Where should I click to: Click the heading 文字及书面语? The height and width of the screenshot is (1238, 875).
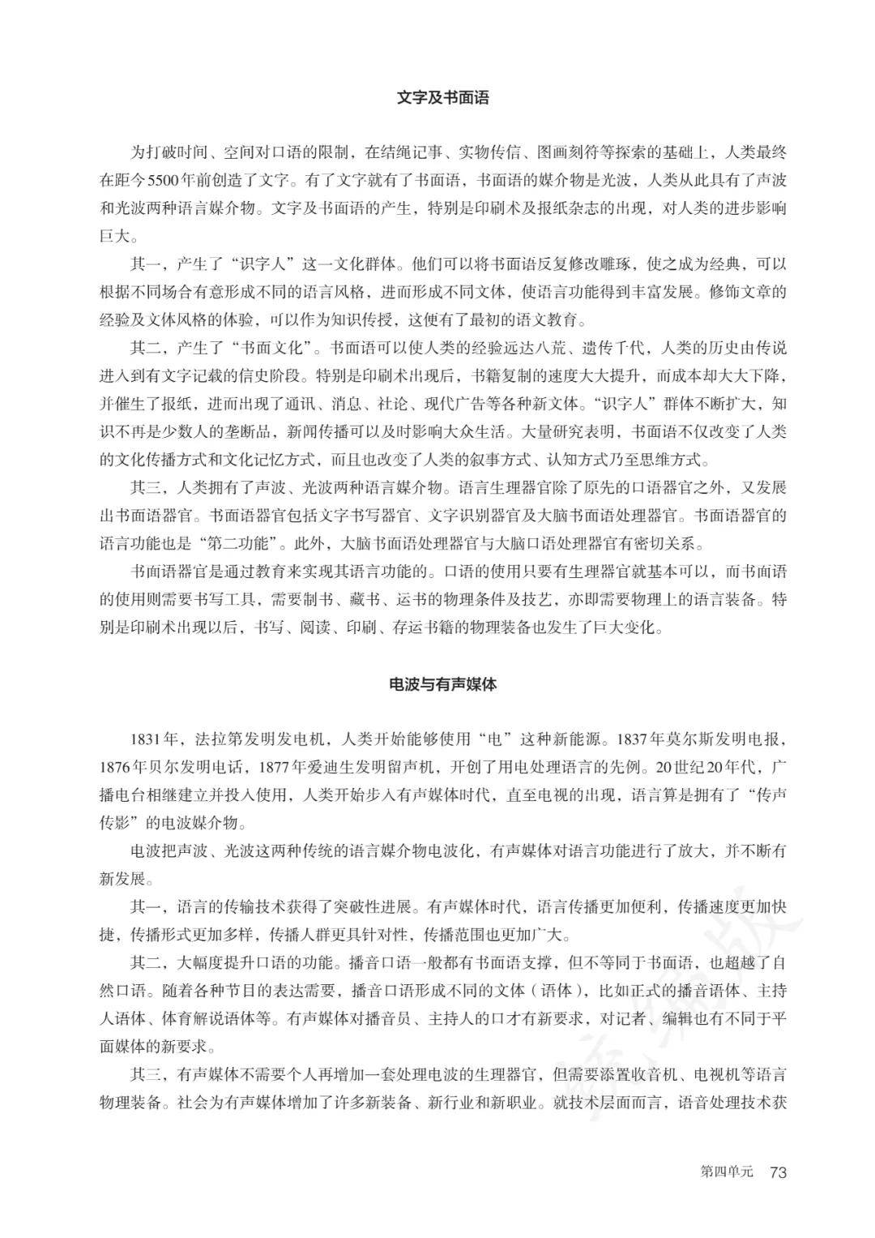click(x=443, y=98)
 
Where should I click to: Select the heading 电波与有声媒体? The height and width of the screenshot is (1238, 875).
click(x=443, y=683)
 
